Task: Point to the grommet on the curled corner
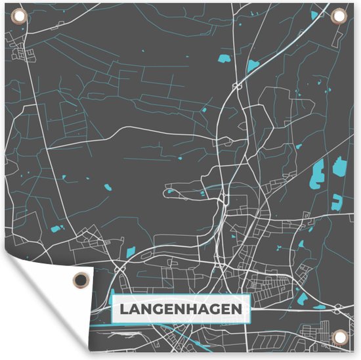click(x=80, y=279)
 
